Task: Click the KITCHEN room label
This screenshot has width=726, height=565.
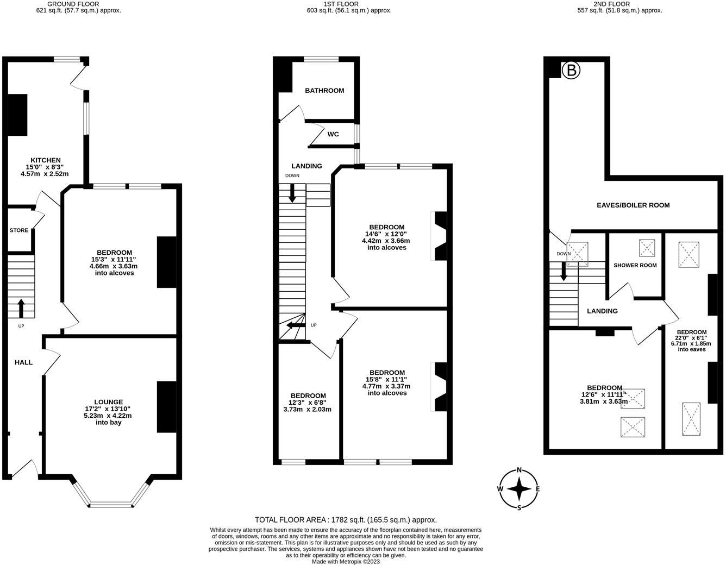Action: coord(46,160)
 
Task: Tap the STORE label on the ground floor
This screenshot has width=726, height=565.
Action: coord(19,230)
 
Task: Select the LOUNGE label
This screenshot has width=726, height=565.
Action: coord(109,402)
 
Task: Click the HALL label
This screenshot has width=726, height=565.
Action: coord(24,362)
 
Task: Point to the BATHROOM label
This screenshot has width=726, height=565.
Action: coord(324,91)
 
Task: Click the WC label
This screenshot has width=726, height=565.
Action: coord(333,134)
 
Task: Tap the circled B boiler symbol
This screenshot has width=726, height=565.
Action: coord(571,71)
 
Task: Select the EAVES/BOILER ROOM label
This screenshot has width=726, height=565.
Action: coord(633,205)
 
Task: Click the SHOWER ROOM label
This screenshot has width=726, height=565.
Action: coord(635,266)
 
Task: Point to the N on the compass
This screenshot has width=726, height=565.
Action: coord(519,470)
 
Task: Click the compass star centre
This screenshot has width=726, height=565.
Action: coord(519,489)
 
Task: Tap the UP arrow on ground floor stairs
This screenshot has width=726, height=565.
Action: coord(21,308)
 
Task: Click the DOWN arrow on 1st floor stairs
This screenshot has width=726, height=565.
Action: coord(292,193)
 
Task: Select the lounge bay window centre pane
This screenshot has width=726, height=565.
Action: coord(111,505)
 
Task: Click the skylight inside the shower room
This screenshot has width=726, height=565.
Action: coord(647,248)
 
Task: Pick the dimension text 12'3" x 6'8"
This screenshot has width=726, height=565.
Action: coord(307,403)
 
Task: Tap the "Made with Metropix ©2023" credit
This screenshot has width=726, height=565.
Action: coord(346,562)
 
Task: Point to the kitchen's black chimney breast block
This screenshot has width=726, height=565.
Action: coord(17,115)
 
